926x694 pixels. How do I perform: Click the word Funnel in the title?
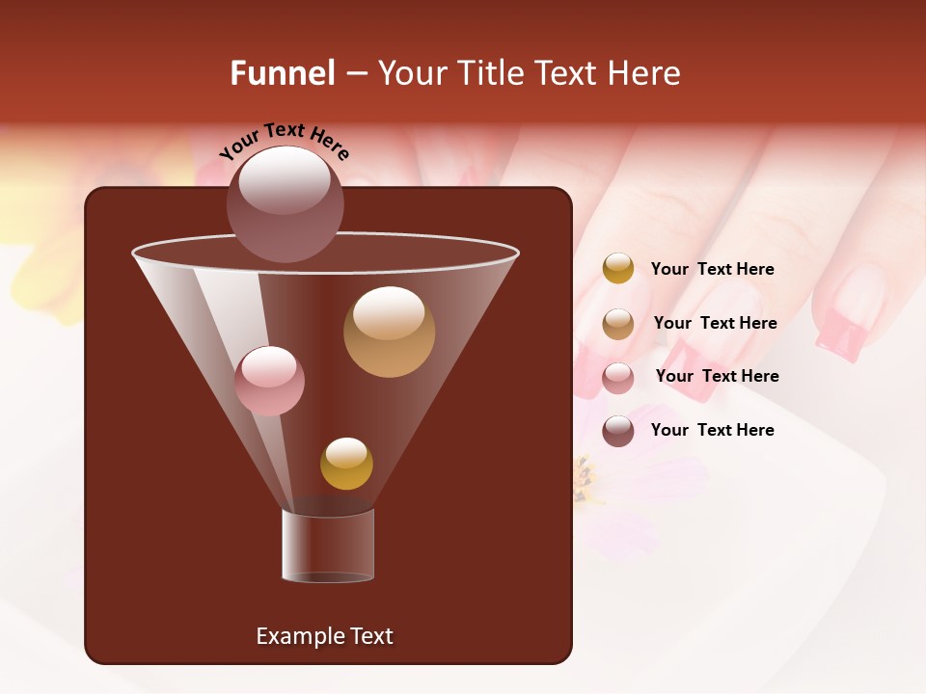[x=283, y=73]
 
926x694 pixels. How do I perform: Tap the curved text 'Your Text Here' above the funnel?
[x=284, y=141]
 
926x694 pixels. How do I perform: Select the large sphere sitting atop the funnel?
[x=285, y=203]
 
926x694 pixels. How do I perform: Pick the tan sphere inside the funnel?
[x=389, y=332]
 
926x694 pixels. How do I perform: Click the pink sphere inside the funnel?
[x=269, y=381]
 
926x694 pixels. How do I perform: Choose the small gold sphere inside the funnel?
[x=346, y=464]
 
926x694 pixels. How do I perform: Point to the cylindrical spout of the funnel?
[x=328, y=546]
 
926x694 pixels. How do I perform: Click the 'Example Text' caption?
[x=324, y=636]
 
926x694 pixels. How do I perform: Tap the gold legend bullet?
[x=618, y=268]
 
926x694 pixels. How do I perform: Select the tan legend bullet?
[x=618, y=324]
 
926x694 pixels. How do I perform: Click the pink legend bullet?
[x=618, y=378]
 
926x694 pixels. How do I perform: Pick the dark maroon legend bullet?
[x=618, y=431]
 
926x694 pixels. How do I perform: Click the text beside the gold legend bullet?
[x=712, y=270]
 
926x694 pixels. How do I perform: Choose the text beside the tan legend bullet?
[x=715, y=324]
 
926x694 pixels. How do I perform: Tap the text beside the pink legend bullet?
[x=717, y=377]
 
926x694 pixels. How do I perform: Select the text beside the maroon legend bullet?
[x=712, y=431]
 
